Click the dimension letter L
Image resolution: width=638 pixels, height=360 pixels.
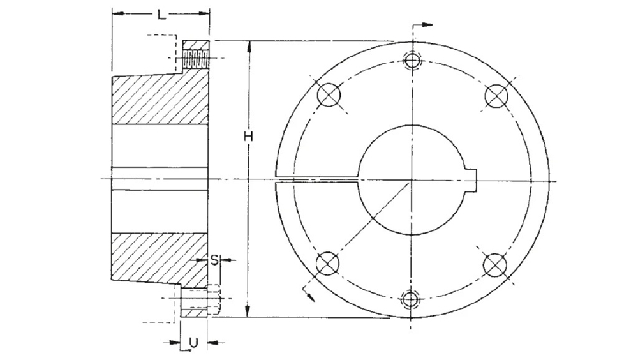[162, 14]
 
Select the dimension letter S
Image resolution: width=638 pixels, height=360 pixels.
[215, 260]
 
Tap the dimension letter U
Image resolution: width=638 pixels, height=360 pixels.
[193, 343]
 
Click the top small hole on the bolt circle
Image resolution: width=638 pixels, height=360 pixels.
[413, 60]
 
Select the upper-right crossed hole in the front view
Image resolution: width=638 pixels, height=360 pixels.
[496, 96]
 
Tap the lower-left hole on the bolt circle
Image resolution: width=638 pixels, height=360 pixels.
[327, 262]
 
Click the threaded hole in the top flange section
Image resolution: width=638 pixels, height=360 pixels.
[195, 61]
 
